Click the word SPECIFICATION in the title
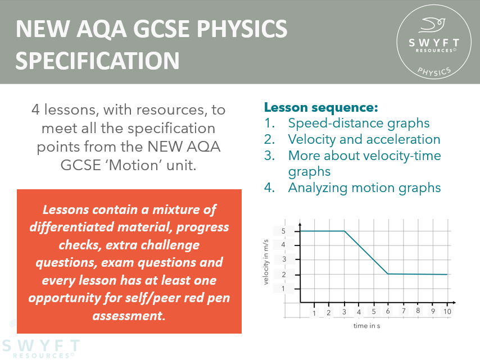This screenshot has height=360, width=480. tap(98, 60)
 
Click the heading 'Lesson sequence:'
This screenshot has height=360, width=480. tap(321, 107)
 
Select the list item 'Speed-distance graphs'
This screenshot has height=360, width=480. tap(359, 123)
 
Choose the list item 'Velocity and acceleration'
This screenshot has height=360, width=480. tap(364, 139)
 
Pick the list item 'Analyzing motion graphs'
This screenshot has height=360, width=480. tap(364, 188)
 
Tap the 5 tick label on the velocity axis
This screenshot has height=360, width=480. tap(284, 231)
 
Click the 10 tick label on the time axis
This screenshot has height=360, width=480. tap(447, 311)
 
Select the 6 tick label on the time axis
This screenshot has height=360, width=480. tap(388, 311)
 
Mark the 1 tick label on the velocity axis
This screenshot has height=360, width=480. tap(284, 289)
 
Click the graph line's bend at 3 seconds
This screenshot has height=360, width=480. tap(344, 231)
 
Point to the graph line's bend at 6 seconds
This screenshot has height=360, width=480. tap(388, 274)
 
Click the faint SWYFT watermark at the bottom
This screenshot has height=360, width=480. tap(40, 345)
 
